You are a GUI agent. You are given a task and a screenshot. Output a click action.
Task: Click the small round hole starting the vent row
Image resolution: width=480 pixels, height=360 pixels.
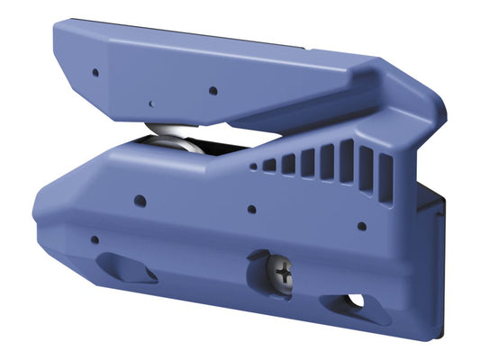pyautogui.click(x=253, y=166)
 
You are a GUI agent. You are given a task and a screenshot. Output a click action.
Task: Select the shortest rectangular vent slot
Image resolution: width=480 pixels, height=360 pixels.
pyautogui.click(x=268, y=166)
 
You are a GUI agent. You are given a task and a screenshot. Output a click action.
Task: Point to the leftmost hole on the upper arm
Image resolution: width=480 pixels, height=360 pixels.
pyautogui.click(x=95, y=72)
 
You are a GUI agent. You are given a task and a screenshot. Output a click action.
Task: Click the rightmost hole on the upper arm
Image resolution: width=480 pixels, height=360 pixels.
pyautogui.click(x=213, y=90)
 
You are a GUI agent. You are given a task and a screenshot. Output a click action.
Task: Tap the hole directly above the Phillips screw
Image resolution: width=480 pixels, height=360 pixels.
pyautogui.click(x=251, y=209)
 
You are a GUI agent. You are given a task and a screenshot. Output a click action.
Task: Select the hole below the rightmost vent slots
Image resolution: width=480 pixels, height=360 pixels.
pyautogui.click(x=362, y=226)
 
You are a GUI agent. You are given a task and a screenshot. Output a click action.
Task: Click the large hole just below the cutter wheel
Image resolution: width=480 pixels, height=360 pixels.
pyautogui.click(x=140, y=200)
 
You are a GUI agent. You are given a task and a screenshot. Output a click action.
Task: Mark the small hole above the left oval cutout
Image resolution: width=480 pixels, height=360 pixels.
pyautogui.click(x=95, y=239)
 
